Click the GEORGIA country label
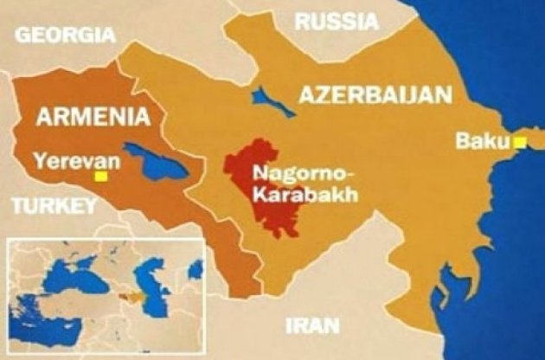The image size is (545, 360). pyautogui.click(x=66, y=35)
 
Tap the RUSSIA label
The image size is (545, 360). pyautogui.click(x=337, y=22)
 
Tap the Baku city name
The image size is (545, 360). pyautogui.click(x=479, y=138)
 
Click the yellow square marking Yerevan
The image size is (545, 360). pyautogui.click(x=101, y=176)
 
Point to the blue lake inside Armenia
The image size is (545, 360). pyautogui.click(x=156, y=161)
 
